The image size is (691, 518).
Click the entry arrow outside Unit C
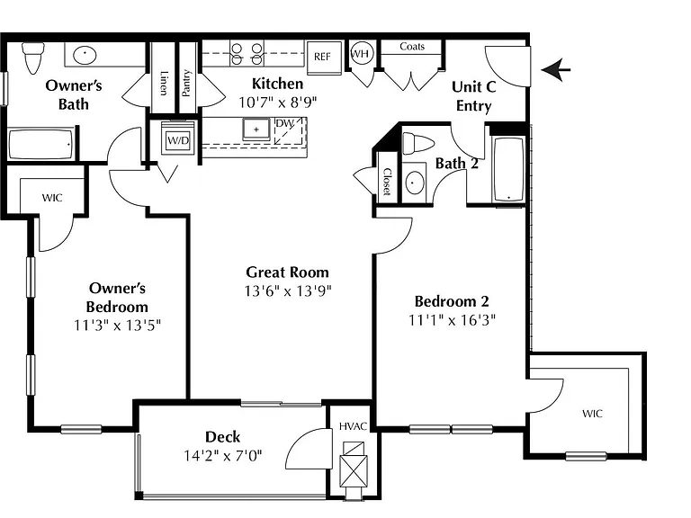556,69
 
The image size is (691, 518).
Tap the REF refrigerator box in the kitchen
324,57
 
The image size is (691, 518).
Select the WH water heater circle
361,54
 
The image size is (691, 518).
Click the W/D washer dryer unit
177,138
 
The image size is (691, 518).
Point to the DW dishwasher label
284,123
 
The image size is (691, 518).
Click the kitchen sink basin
256,129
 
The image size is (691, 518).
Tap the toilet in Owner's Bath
32,58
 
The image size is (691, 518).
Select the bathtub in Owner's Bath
40,144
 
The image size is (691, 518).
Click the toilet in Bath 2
418,144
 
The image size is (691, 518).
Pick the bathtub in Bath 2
508,170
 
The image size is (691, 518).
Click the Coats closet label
412,46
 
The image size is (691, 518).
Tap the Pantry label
186,83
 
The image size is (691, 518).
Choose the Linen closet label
164,84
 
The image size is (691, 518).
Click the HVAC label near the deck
353,426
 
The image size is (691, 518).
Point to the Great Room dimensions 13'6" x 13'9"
288,291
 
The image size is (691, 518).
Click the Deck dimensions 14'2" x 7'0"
223,455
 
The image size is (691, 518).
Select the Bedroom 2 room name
452,301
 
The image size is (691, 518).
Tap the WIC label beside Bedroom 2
592,414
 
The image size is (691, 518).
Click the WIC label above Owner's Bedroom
52,198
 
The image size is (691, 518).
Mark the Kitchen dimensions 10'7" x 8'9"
278,103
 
